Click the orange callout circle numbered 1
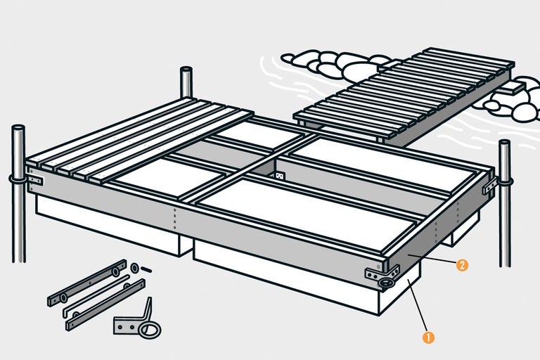point(428,337)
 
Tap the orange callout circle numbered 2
point(462,265)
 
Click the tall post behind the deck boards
point(186,82)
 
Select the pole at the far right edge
point(505,203)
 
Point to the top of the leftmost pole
point(18,127)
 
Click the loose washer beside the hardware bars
point(134,268)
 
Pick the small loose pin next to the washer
point(146,269)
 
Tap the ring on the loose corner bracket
point(150,330)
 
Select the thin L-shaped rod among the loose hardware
point(96,296)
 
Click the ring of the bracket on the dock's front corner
point(385,283)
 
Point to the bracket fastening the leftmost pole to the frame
point(34,180)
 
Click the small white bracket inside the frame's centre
point(279,176)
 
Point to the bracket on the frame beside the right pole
point(490,186)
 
